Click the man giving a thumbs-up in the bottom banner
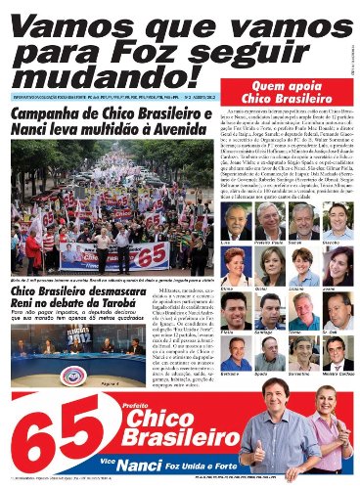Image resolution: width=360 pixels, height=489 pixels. coord(270,430)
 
